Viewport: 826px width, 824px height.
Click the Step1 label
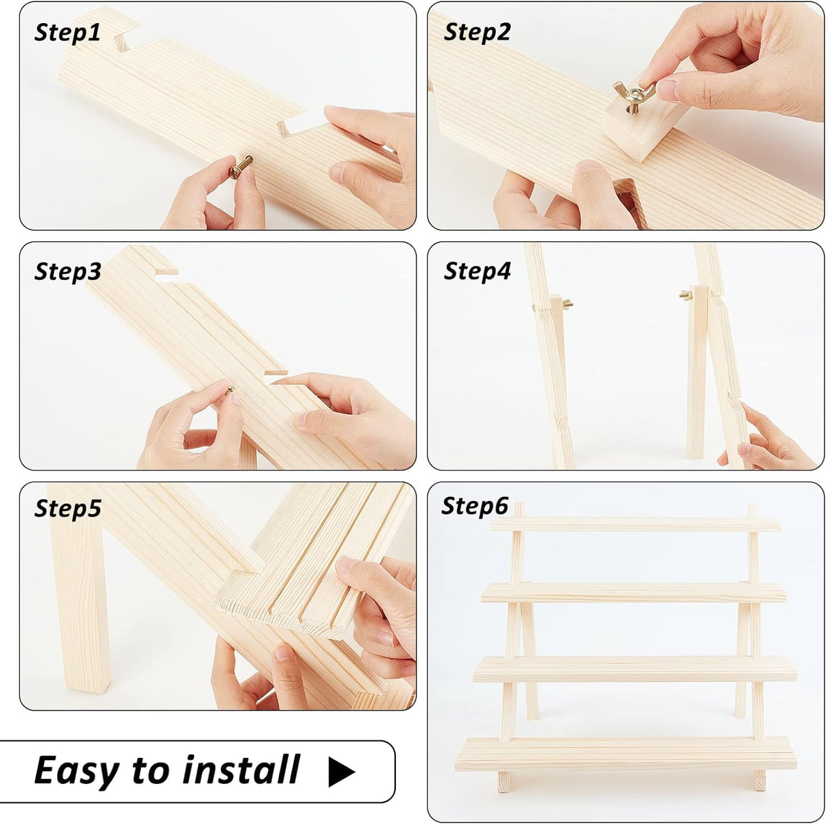(67, 33)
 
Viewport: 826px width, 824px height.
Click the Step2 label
(477, 32)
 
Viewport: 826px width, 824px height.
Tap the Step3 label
(67, 271)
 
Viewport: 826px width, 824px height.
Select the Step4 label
(477, 271)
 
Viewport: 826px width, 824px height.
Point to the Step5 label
(67, 509)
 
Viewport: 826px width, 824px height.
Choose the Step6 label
(475, 506)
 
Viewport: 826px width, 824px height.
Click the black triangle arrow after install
(341, 772)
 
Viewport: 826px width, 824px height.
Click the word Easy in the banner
(78, 771)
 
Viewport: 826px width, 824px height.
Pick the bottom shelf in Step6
(625, 753)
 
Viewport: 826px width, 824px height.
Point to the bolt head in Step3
(229, 390)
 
